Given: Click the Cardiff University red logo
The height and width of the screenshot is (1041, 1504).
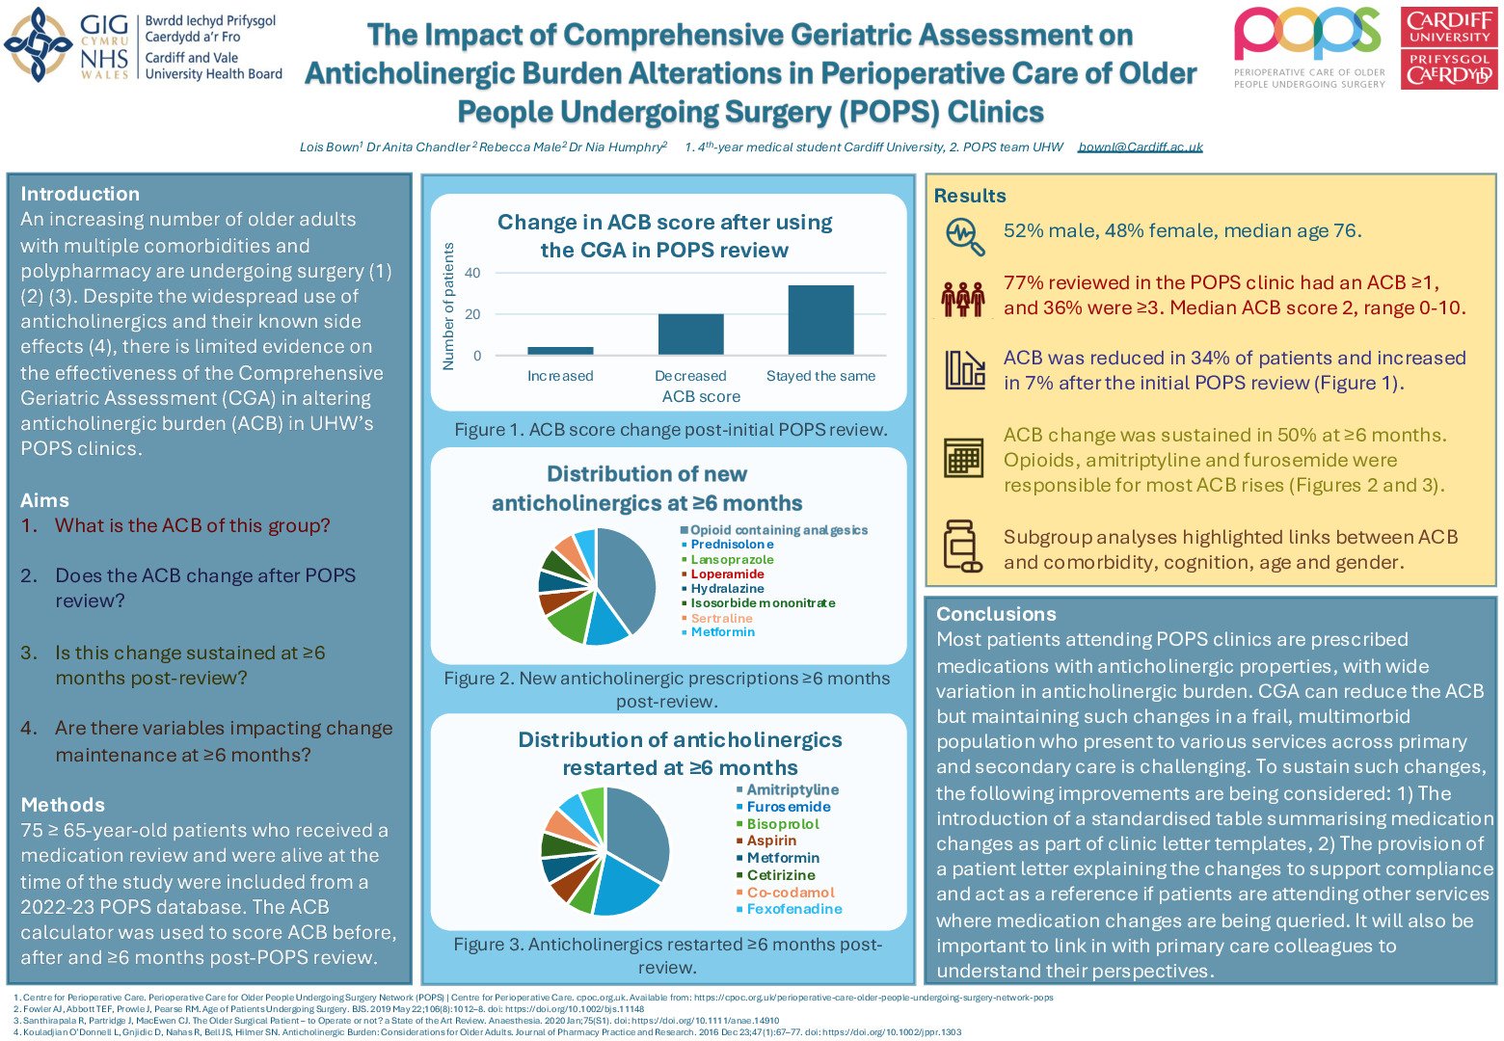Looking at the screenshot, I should click(1449, 48).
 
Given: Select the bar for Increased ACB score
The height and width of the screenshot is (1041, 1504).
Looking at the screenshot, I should click(560, 351).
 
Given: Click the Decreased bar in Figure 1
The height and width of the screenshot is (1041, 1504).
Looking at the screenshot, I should click(690, 334).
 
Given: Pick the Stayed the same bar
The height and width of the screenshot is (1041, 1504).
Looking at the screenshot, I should click(820, 320).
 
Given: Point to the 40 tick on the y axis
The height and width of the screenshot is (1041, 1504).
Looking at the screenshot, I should click(472, 274).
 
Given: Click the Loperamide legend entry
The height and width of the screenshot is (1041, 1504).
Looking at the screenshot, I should click(727, 574).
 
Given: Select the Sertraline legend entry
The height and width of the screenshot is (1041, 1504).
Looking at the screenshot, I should click(721, 618).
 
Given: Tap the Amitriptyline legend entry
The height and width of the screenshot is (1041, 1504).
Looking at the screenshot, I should click(792, 790).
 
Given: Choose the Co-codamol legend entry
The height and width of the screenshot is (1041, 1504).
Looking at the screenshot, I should click(791, 893).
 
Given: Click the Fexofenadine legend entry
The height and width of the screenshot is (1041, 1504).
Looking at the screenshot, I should click(794, 909).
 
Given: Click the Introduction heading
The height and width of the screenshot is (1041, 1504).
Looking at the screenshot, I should click(80, 194).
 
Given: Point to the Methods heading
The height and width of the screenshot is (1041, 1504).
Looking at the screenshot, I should click(63, 805).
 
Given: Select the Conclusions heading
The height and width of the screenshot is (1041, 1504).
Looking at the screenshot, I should click(996, 615).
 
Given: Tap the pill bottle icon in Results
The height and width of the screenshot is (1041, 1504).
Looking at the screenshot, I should click(962, 547).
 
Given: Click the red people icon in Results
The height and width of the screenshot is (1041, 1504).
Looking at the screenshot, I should click(963, 298).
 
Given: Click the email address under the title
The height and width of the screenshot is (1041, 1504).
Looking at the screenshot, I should click(1141, 147).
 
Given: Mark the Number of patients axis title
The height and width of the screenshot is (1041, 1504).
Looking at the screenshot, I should click(448, 307).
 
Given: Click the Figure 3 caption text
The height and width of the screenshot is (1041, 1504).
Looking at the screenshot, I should click(667, 955).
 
